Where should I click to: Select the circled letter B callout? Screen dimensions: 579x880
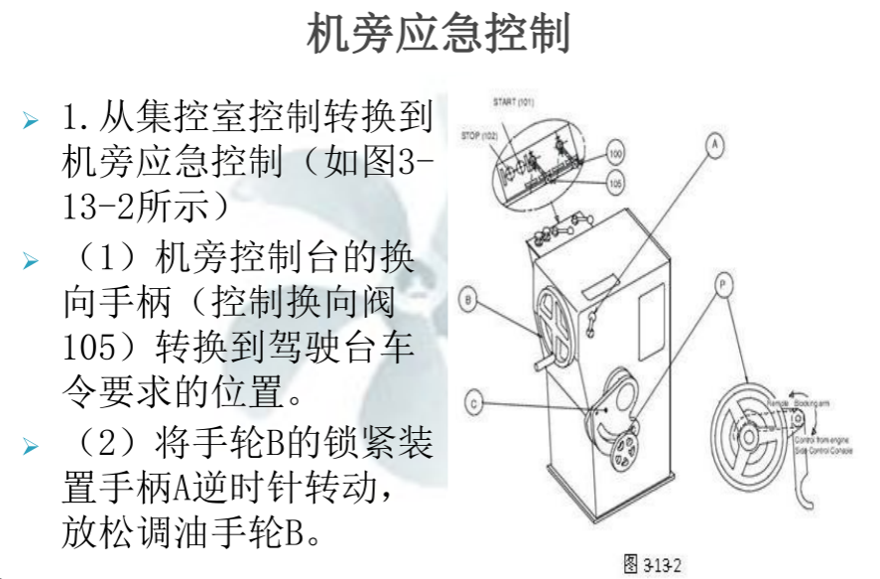[x=469, y=299]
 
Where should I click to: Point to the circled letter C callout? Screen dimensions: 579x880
[x=475, y=404]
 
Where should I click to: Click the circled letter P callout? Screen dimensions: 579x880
[x=725, y=284]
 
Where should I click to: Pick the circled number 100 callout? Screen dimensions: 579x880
[x=615, y=156]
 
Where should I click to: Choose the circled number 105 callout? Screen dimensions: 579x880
[x=615, y=183]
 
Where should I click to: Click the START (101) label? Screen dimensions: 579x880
[x=514, y=102]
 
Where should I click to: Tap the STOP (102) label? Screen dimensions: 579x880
[x=479, y=135]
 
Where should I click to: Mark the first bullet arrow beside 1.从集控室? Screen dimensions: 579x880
[x=32, y=121]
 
